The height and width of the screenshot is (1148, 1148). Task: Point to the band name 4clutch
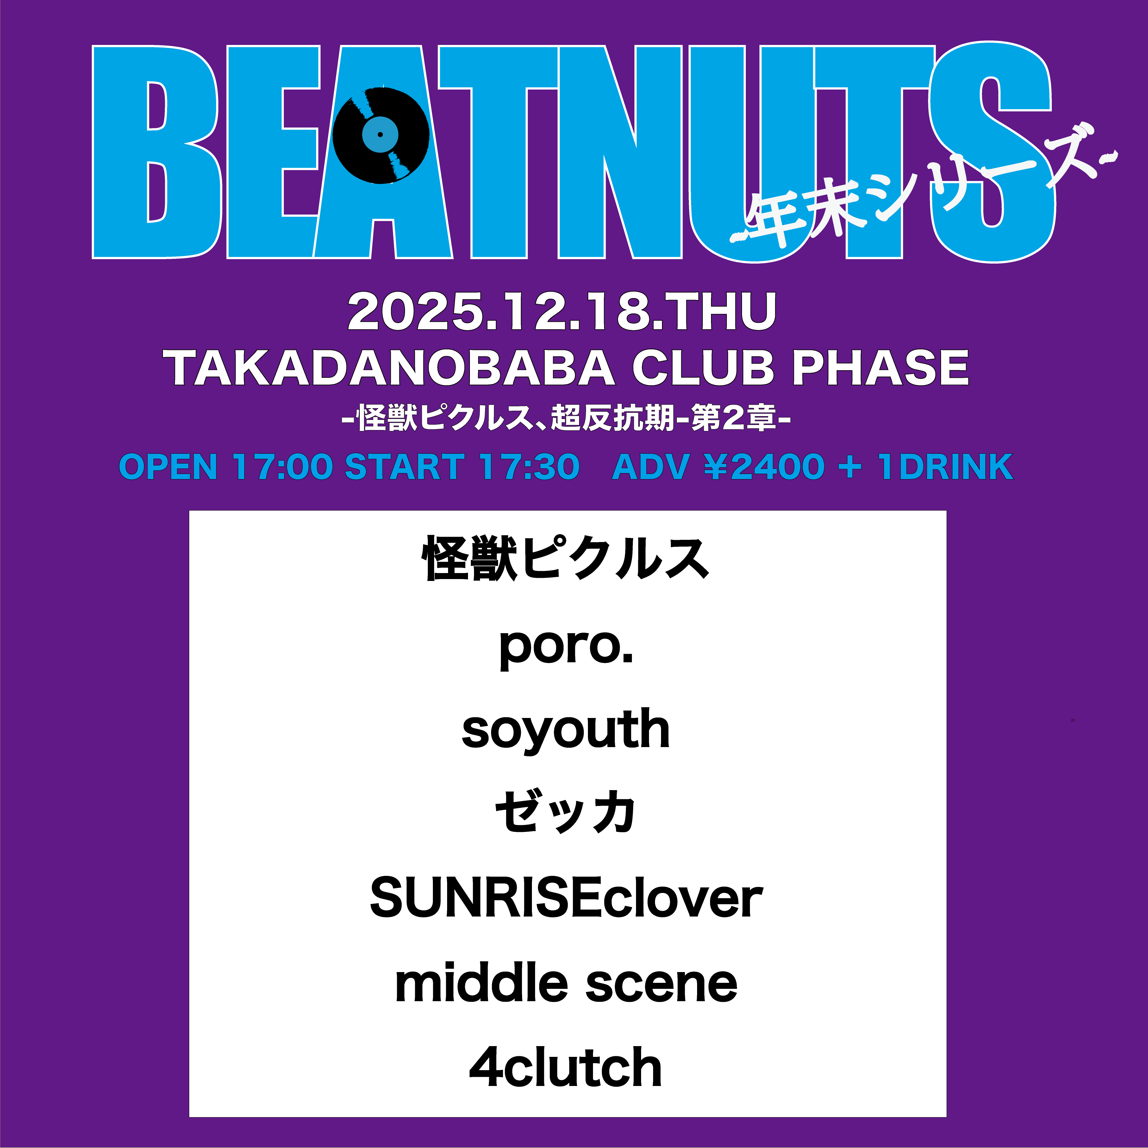(566, 1067)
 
